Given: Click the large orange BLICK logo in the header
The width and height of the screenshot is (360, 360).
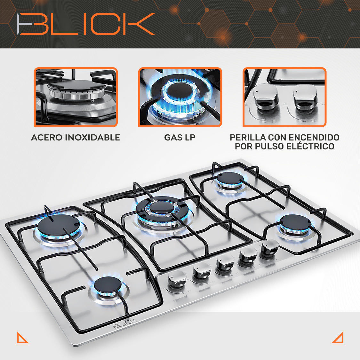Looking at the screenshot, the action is coord(85,24).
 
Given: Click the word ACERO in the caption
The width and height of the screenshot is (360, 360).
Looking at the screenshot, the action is coord(47,138).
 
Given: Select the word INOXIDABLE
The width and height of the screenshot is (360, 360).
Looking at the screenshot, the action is coord(92,138).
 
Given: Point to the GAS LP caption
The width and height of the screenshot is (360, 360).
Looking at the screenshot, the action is coord(180,138).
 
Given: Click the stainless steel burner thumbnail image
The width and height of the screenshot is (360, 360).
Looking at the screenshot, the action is coord(76,97).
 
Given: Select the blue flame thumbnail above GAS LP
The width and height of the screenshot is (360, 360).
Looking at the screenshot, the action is coord(180,97).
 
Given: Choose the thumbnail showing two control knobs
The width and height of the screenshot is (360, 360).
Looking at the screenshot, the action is coord(284,97).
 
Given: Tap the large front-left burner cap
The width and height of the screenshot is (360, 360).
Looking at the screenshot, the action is coord(59,225).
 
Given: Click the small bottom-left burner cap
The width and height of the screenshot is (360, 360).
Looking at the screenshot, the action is coord(108,285).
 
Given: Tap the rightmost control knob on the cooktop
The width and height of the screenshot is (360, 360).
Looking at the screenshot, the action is coord(269,247).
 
